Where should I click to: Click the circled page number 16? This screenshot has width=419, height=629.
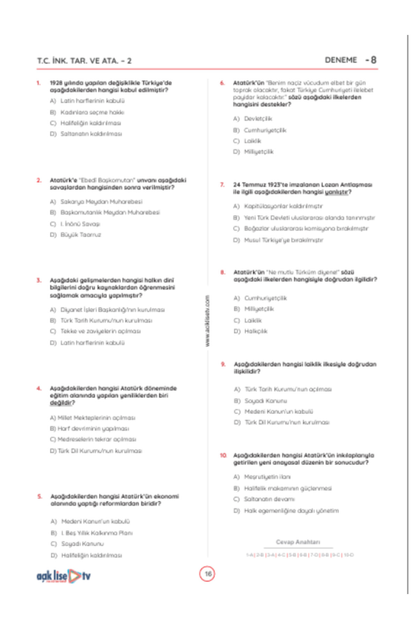point(207,574)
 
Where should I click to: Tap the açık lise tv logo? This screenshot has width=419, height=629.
point(64,576)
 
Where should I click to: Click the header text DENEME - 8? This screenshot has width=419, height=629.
point(350,60)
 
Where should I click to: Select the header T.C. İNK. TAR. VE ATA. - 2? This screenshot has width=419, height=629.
point(84,61)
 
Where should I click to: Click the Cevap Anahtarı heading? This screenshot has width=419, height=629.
point(298,542)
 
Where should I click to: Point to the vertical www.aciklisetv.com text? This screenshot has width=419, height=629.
point(207,321)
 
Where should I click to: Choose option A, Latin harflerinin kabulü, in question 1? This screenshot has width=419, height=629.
point(92,101)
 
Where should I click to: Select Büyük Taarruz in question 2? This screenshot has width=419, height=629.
point(81,235)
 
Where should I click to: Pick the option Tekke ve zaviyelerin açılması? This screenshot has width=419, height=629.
point(100,331)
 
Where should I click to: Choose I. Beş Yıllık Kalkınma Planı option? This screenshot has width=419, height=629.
point(97,533)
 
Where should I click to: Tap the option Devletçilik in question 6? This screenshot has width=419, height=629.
point(258,119)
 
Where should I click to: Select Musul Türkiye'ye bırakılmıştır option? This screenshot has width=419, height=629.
point(284,240)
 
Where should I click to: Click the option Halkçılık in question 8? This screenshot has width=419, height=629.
point(256,331)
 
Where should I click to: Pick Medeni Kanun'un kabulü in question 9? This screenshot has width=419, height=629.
point(279,412)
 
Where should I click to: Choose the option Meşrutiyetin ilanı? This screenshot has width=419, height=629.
point(267,477)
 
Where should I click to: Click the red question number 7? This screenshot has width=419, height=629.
point(222,185)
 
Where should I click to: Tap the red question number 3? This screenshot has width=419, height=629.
point(39,280)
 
